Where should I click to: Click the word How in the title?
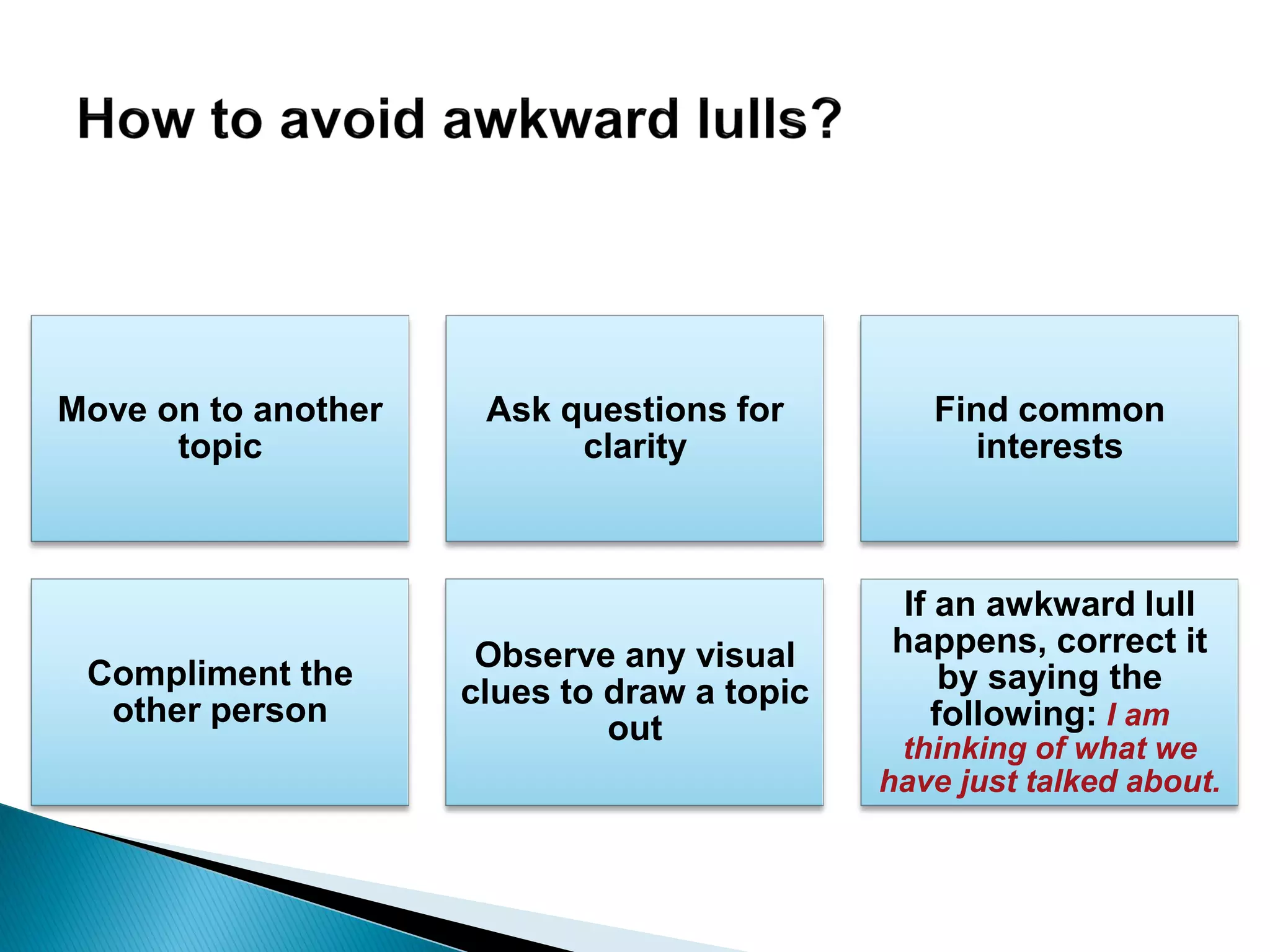point(135,119)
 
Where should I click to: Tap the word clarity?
point(635,447)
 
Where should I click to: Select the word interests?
point(1049,446)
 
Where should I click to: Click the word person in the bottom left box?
point(269,711)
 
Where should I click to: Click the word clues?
point(505,692)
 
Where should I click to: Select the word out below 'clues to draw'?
point(634,728)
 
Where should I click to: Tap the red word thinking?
point(964,749)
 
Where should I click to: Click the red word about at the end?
point(1171,782)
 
